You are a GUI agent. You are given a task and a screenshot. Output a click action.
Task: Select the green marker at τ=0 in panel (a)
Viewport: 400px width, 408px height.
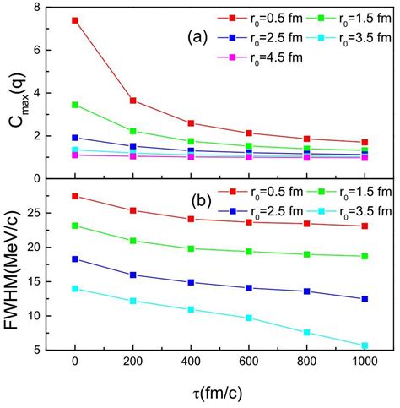(76, 105)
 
